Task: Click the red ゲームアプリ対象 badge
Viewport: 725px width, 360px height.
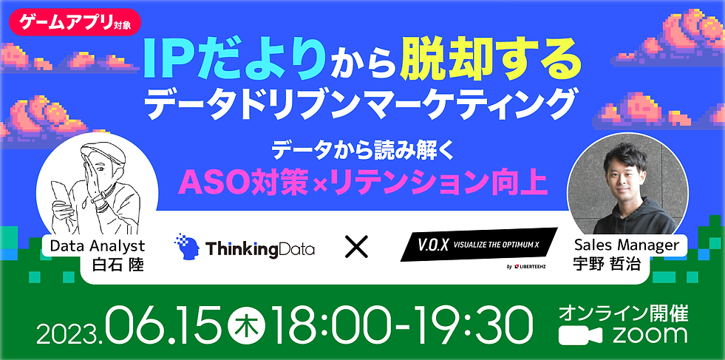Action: tap(74, 22)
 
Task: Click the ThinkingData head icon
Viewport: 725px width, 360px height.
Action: tap(187, 247)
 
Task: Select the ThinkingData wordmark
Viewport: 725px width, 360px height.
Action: tap(260, 249)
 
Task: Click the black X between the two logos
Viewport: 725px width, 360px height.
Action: tap(356, 247)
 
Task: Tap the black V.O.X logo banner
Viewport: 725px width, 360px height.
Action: tap(479, 244)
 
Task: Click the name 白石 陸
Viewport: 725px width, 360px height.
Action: tap(118, 265)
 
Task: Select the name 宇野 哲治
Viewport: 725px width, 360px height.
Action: tap(606, 265)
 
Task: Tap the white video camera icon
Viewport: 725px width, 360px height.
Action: tap(580, 336)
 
